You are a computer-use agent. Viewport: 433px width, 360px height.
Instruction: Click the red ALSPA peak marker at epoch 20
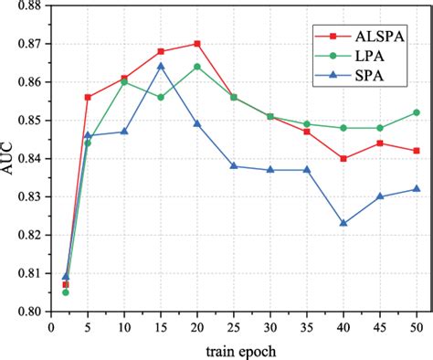point(197,43)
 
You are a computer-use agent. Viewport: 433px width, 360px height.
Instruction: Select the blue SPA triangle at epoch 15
point(161,66)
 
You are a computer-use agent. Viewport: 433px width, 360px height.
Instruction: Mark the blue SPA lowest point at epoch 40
point(343,223)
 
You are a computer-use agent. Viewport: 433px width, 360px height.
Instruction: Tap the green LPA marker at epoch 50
point(417,112)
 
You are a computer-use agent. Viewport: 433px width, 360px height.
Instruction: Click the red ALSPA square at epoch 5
point(89,97)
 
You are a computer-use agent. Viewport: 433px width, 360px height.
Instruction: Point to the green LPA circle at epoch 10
point(125,81)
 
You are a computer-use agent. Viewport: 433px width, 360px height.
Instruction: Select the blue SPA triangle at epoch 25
point(235,165)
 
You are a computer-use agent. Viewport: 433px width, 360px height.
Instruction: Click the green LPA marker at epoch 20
point(197,67)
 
